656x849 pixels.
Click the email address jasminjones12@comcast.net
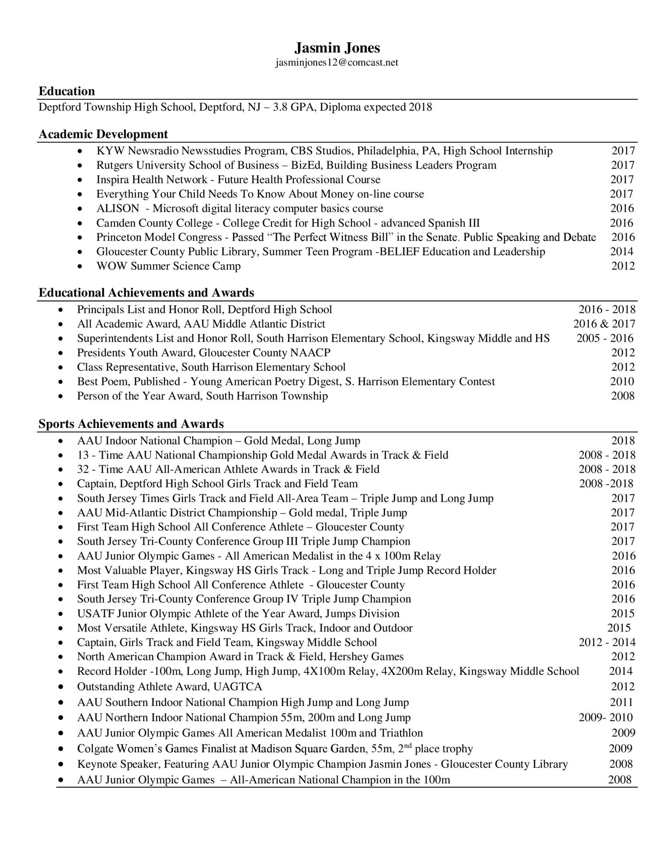tap(337, 63)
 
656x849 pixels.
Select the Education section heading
tap(66, 91)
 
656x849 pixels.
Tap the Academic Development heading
tap(103, 134)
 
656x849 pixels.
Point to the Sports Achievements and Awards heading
tap(131, 424)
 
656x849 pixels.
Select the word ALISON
tap(118, 208)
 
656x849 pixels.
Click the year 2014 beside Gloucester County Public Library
tap(621, 252)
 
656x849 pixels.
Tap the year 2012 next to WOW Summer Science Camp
tap(623, 266)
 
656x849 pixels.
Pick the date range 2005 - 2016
tap(605, 338)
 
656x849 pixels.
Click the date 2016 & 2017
tap(604, 324)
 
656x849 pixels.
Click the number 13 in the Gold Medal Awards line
tap(83, 455)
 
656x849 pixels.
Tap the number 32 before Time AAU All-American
tap(83, 469)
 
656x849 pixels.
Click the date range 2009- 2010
tap(606, 717)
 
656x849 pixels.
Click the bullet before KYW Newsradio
tap(79, 151)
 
